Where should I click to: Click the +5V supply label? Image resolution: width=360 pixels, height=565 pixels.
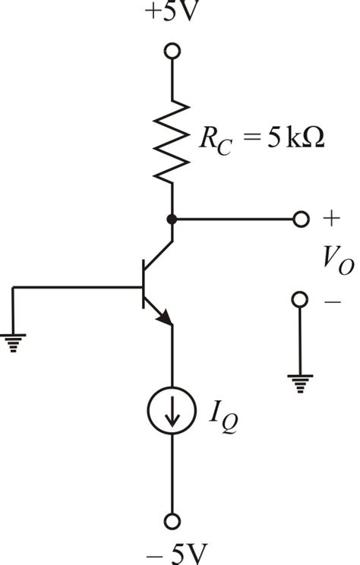click(172, 11)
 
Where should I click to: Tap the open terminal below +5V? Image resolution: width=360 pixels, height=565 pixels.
click(172, 51)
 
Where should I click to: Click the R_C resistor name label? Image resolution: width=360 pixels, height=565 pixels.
click(215, 141)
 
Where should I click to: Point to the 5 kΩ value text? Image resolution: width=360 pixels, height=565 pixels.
click(295, 138)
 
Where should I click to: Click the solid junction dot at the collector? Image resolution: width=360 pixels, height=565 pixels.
click(172, 219)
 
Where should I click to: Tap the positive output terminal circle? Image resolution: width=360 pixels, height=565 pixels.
click(301, 219)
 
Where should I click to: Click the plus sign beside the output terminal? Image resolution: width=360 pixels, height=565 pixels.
click(331, 219)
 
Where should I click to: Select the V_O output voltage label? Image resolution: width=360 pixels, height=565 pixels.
click(338, 261)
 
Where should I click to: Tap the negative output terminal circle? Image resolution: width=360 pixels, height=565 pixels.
click(300, 300)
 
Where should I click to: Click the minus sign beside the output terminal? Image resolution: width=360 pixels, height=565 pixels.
click(332, 301)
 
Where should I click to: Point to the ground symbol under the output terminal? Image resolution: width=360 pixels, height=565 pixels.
click(300, 384)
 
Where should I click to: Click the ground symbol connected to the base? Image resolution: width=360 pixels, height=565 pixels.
click(14, 342)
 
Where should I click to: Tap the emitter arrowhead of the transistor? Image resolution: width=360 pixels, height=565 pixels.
click(165, 317)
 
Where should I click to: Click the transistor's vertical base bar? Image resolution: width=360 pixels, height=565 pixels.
click(144, 284)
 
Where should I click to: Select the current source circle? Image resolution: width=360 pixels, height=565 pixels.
click(172, 410)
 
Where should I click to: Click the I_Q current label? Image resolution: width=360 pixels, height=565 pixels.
click(223, 420)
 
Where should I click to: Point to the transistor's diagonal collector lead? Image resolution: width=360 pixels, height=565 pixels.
click(158, 255)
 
